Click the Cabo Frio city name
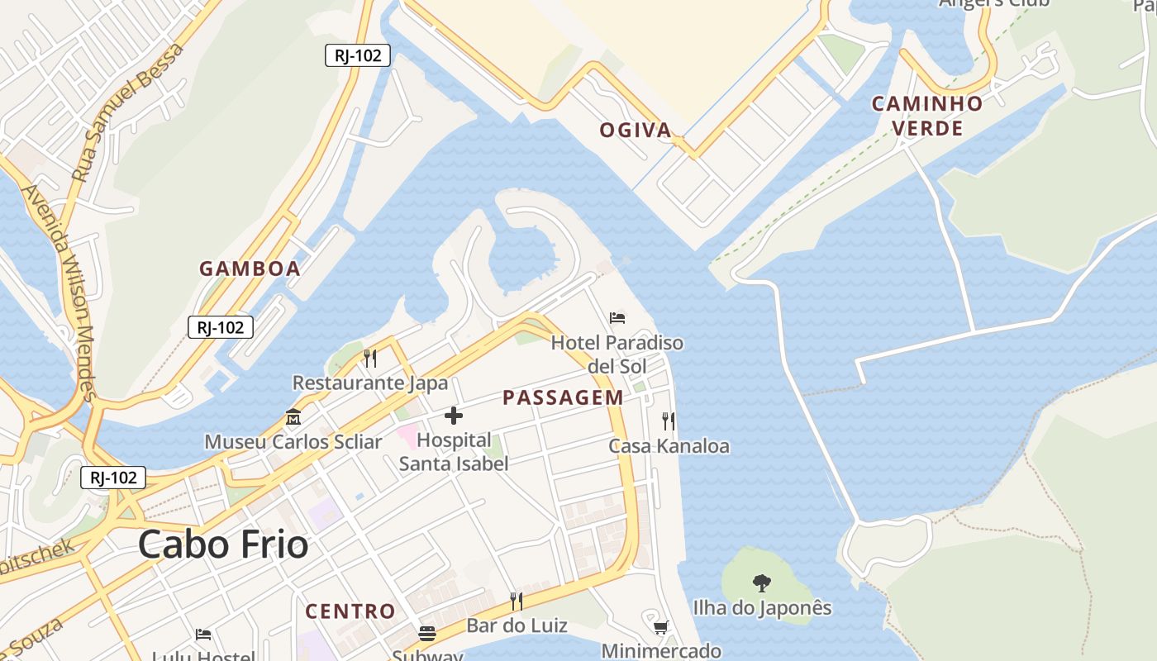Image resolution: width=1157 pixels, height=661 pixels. click(x=223, y=545)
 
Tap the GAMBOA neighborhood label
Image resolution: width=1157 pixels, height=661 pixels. click(x=250, y=269)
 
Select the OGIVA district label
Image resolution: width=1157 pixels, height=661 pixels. click(x=635, y=130)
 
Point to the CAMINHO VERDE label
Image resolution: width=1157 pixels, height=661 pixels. click(x=927, y=116)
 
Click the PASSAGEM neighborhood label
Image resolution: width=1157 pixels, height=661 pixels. click(x=563, y=397)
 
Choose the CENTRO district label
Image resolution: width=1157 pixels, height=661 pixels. click(x=350, y=611)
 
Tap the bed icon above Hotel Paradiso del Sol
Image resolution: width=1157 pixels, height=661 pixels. click(x=617, y=317)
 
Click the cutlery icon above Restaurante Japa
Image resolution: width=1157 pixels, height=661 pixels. click(x=370, y=358)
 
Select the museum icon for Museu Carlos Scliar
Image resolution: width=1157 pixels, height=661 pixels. click(x=293, y=417)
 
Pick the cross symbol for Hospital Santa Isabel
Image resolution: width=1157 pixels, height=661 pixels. click(x=454, y=416)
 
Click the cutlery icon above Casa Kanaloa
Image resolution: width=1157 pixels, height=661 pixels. click(x=669, y=421)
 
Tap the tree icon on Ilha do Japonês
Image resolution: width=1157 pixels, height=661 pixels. click(x=762, y=583)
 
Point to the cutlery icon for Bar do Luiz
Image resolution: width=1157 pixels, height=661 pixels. click(x=517, y=601)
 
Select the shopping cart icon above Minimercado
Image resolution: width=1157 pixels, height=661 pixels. click(x=660, y=627)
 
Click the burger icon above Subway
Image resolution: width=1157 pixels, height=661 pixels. click(x=427, y=634)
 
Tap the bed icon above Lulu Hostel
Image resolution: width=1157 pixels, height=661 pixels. click(x=203, y=635)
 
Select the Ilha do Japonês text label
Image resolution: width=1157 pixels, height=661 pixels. click(x=762, y=608)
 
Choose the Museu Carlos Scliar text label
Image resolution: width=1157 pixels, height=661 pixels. click(x=293, y=442)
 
